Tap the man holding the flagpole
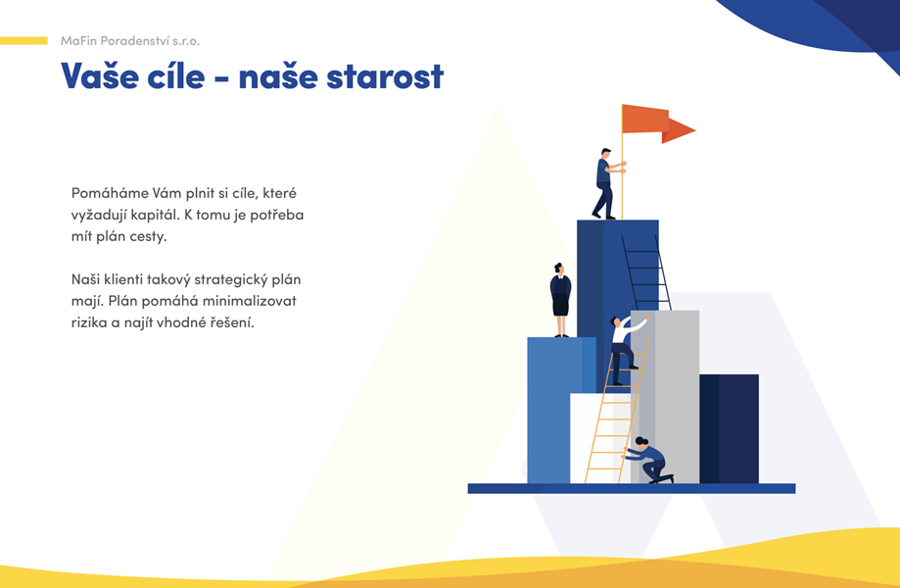click(x=608, y=184)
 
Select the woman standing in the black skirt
click(x=560, y=300)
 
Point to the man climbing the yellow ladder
click(x=625, y=349)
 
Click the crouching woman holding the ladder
click(x=647, y=461)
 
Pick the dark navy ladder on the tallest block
click(x=646, y=272)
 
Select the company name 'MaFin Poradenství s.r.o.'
click(x=130, y=41)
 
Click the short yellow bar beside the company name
click(x=24, y=41)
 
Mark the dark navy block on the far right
click(x=729, y=429)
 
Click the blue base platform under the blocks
click(x=632, y=489)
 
